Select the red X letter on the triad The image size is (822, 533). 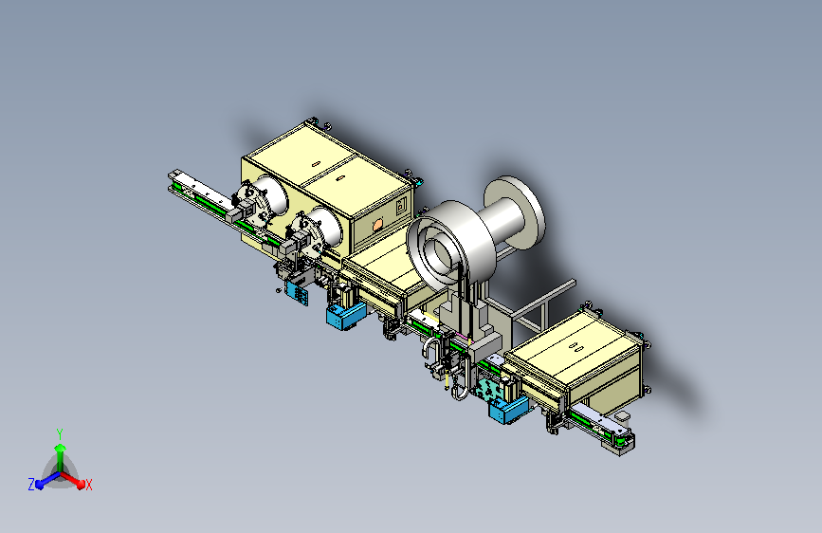point(89,486)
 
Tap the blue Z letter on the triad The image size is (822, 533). point(31,485)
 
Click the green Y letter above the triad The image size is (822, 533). point(60,433)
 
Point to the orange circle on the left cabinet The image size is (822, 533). point(377,226)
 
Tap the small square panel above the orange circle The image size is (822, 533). point(402,205)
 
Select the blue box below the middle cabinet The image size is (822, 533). point(344,315)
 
